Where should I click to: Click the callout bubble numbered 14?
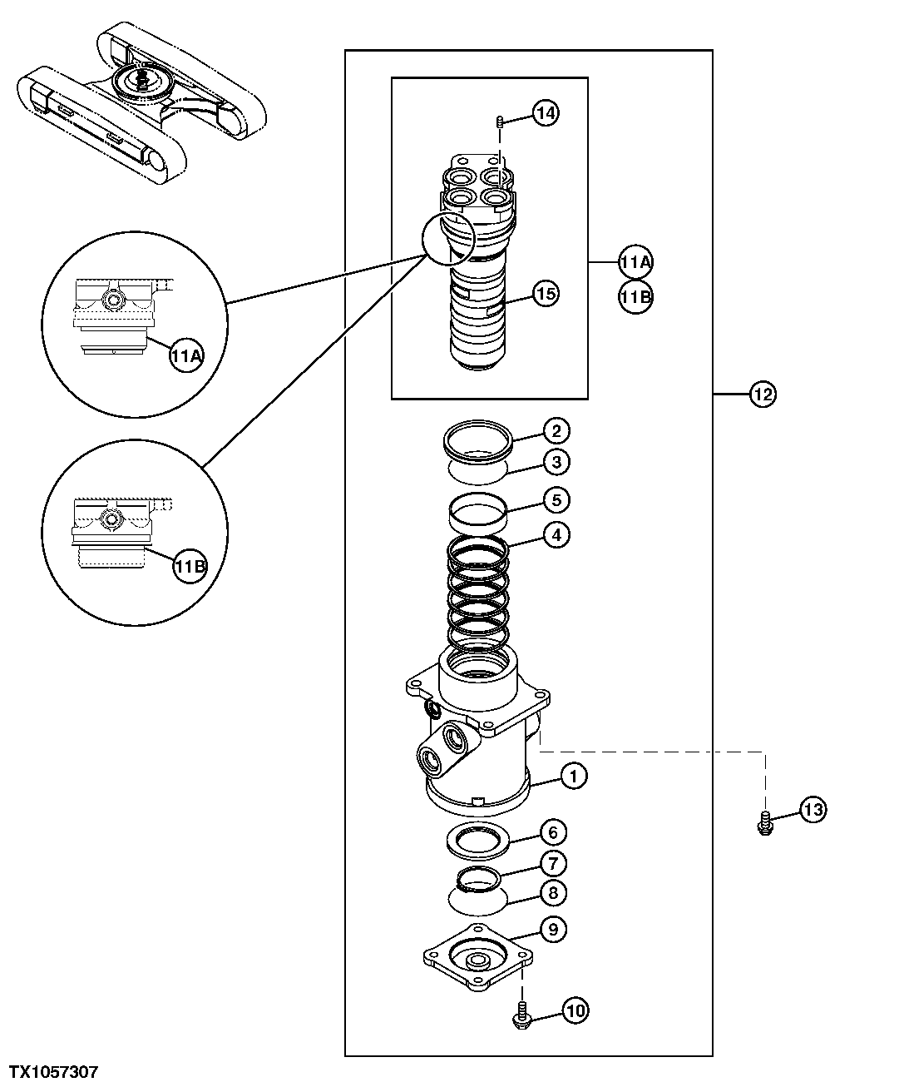click(546, 112)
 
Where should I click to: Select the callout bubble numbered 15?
click(546, 294)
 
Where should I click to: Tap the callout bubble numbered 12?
click(762, 394)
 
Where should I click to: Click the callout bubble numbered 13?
click(813, 809)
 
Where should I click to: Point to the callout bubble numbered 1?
click(574, 777)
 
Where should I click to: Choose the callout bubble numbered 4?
click(556, 534)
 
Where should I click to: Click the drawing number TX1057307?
click(54, 1072)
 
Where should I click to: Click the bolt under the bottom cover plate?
click(521, 1013)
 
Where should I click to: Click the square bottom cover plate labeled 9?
click(477, 956)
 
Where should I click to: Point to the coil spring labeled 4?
click(477, 591)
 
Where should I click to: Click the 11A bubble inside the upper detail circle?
click(186, 356)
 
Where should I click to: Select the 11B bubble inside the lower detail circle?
click(189, 567)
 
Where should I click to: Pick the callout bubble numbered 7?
click(555, 862)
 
